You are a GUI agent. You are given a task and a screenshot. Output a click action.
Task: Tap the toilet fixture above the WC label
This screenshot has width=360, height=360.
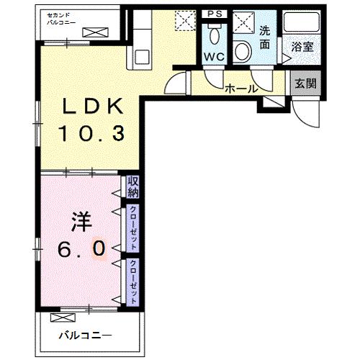click(214, 34)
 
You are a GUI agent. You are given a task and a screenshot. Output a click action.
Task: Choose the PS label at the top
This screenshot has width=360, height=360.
click(214, 14)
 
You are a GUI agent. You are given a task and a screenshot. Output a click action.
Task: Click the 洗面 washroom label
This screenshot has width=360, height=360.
click(264, 37)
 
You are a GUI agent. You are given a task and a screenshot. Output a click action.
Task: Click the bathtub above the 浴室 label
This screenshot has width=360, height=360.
click(301, 22)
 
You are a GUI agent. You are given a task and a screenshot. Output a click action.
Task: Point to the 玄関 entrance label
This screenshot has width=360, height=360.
click(302, 83)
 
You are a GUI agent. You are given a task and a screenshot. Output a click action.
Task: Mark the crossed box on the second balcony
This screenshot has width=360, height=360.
click(94, 32)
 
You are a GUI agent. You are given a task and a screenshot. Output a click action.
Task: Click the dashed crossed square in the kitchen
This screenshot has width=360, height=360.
click(185, 21)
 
